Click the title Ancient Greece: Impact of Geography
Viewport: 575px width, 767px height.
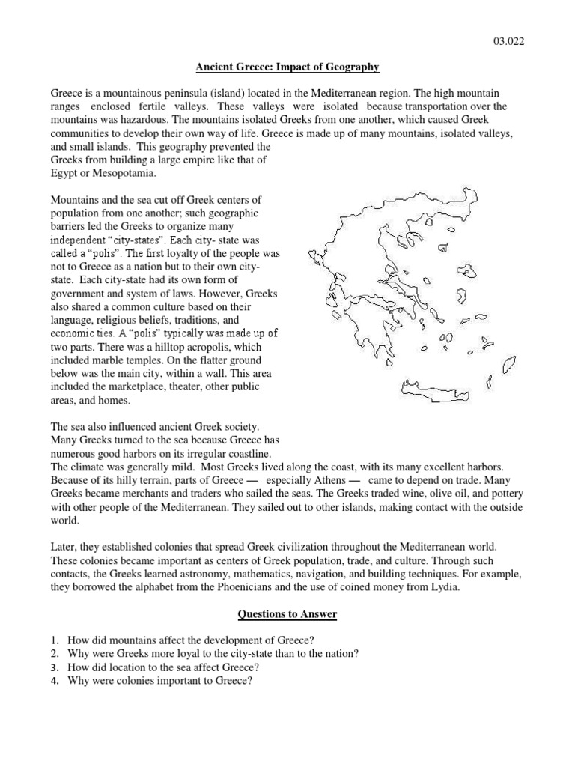(287, 67)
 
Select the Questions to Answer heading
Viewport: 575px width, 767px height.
(287, 614)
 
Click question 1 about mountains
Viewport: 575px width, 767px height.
(190, 640)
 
